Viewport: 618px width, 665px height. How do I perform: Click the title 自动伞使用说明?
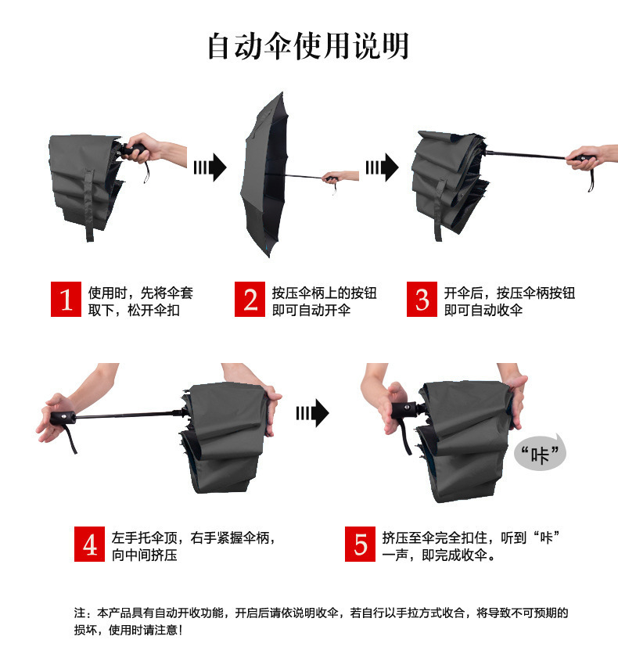click(x=308, y=46)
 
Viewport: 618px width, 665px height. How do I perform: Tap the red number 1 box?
click(x=66, y=300)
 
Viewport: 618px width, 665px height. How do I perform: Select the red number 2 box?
click(x=250, y=300)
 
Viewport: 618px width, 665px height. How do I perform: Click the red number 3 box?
click(x=422, y=300)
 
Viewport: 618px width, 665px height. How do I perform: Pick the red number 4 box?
click(x=91, y=545)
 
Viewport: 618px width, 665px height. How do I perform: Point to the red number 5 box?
click(x=361, y=545)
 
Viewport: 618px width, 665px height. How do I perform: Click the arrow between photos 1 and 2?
click(x=210, y=166)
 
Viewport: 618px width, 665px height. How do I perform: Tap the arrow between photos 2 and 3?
click(x=382, y=166)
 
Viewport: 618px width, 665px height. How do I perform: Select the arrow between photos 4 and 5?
click(x=312, y=413)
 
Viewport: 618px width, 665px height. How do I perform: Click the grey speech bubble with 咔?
click(x=540, y=455)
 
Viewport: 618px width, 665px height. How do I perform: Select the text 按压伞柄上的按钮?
click(x=325, y=293)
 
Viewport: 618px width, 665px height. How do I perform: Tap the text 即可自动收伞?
click(x=483, y=310)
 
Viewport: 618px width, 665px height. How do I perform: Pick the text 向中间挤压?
click(x=145, y=555)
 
